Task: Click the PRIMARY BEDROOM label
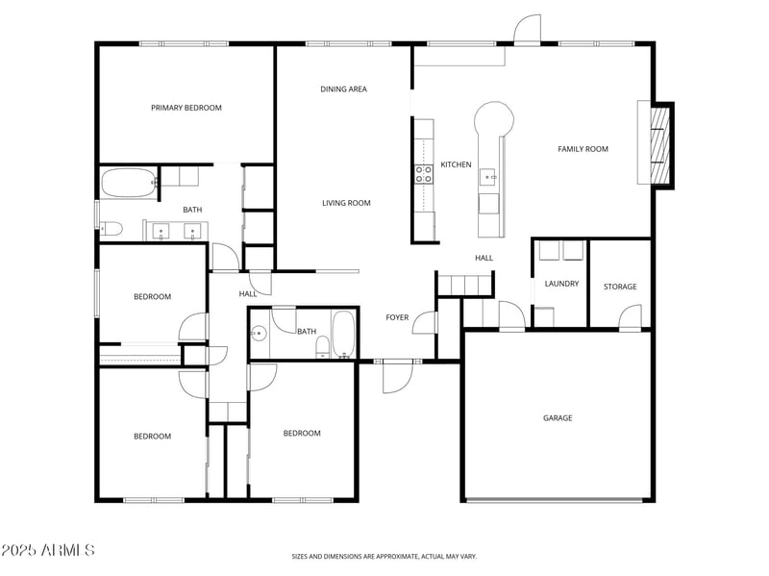pyautogui.click(x=186, y=108)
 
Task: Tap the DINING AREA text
pyautogui.click(x=343, y=89)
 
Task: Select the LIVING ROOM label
pyautogui.click(x=346, y=203)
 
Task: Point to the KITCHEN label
pyautogui.click(x=456, y=164)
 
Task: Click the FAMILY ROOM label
pyautogui.click(x=583, y=149)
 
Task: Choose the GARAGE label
pyautogui.click(x=558, y=417)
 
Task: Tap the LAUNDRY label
pyautogui.click(x=561, y=284)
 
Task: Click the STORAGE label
pyautogui.click(x=620, y=287)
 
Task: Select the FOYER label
pyautogui.click(x=397, y=317)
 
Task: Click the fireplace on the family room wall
pyautogui.click(x=658, y=144)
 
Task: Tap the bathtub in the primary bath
pyautogui.click(x=129, y=183)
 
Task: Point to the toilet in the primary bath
pyautogui.click(x=109, y=229)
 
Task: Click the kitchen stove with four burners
pyautogui.click(x=423, y=173)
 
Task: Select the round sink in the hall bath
pyautogui.click(x=258, y=335)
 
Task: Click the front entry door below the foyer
pyautogui.click(x=397, y=376)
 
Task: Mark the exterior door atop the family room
pyautogui.click(x=527, y=31)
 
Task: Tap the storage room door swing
pyautogui.click(x=630, y=317)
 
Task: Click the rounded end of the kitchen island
pyautogui.click(x=494, y=119)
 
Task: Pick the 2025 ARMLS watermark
pyautogui.click(x=48, y=550)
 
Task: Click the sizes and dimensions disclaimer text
pyautogui.click(x=384, y=556)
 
